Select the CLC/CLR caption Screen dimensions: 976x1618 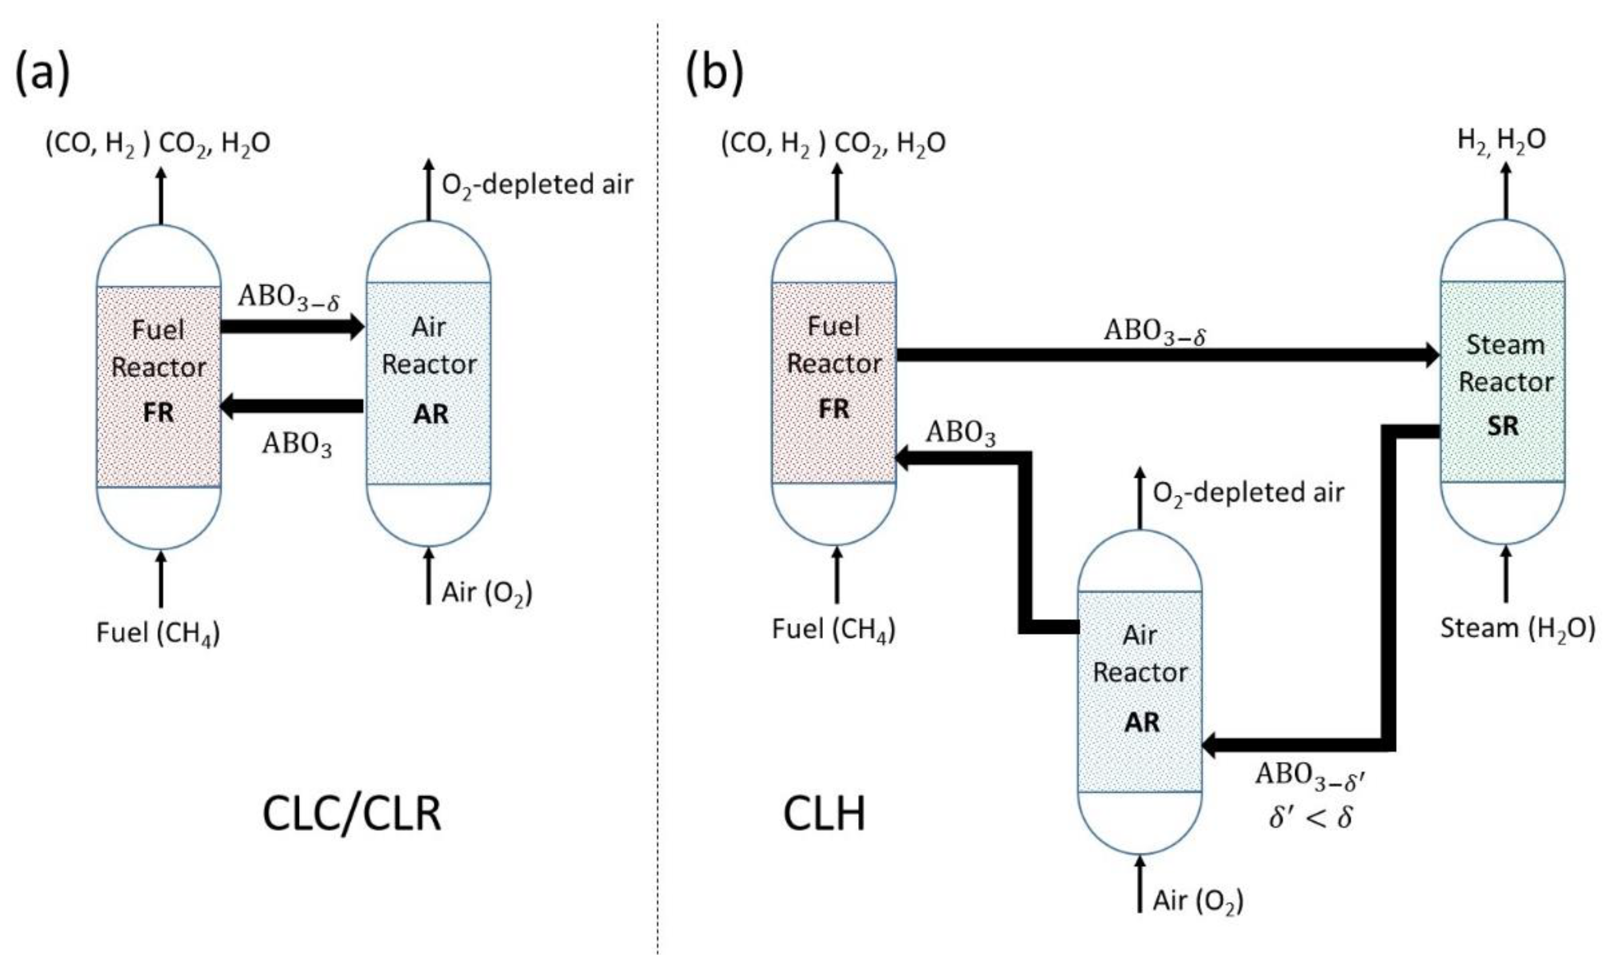352,815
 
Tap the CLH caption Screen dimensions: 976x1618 824,815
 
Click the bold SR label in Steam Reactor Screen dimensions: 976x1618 1502,427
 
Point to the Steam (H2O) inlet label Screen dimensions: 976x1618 1517,629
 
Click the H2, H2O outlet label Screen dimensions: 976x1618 1501,141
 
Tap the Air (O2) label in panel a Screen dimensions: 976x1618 486,593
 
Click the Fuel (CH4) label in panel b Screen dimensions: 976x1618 833,630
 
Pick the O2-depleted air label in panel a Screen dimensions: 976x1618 537,185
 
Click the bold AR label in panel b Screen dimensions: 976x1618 1142,723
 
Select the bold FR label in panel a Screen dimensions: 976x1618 158,413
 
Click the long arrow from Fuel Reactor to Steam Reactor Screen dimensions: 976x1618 1162,355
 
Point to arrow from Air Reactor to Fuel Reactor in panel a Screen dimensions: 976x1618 292,406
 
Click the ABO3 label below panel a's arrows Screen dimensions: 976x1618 297,445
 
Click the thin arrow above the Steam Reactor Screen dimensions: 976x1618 1506,190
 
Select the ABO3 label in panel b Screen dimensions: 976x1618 961,433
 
